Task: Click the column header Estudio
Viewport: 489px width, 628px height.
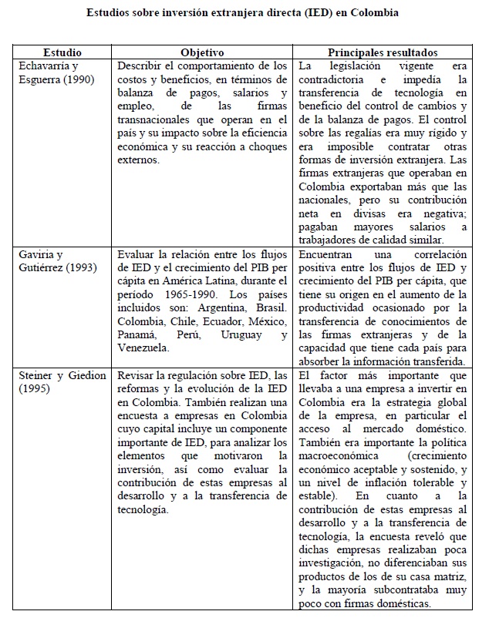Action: click(62, 52)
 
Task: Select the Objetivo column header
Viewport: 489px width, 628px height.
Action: click(202, 52)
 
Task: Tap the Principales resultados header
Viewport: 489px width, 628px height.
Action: click(383, 52)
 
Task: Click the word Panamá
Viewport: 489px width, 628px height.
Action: click(138, 334)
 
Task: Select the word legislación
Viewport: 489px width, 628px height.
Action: click(355, 65)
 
